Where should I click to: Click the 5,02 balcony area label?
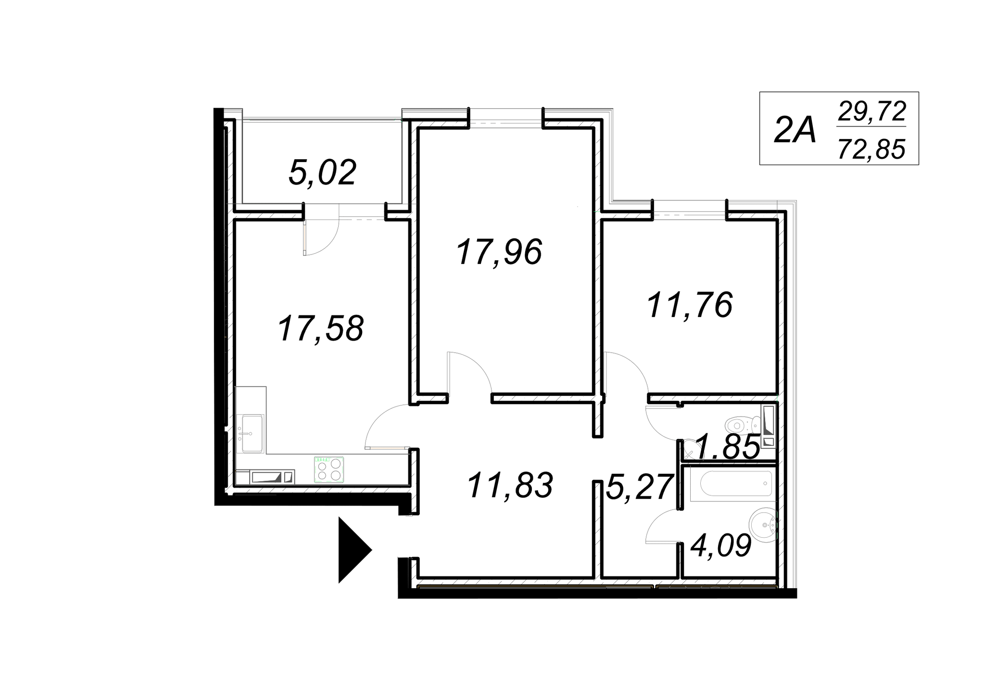(322, 173)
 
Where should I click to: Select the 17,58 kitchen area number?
(320, 329)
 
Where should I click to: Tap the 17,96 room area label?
(499, 253)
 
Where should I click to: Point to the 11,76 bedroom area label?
(690, 306)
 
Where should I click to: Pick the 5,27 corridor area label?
(639, 487)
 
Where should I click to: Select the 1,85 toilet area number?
(727, 446)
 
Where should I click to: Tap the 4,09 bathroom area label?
(720, 546)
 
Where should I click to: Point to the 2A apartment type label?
(795, 130)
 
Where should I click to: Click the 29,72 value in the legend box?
(871, 112)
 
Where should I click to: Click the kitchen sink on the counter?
(252, 433)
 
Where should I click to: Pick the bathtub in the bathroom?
(736, 483)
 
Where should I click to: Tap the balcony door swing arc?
(321, 236)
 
